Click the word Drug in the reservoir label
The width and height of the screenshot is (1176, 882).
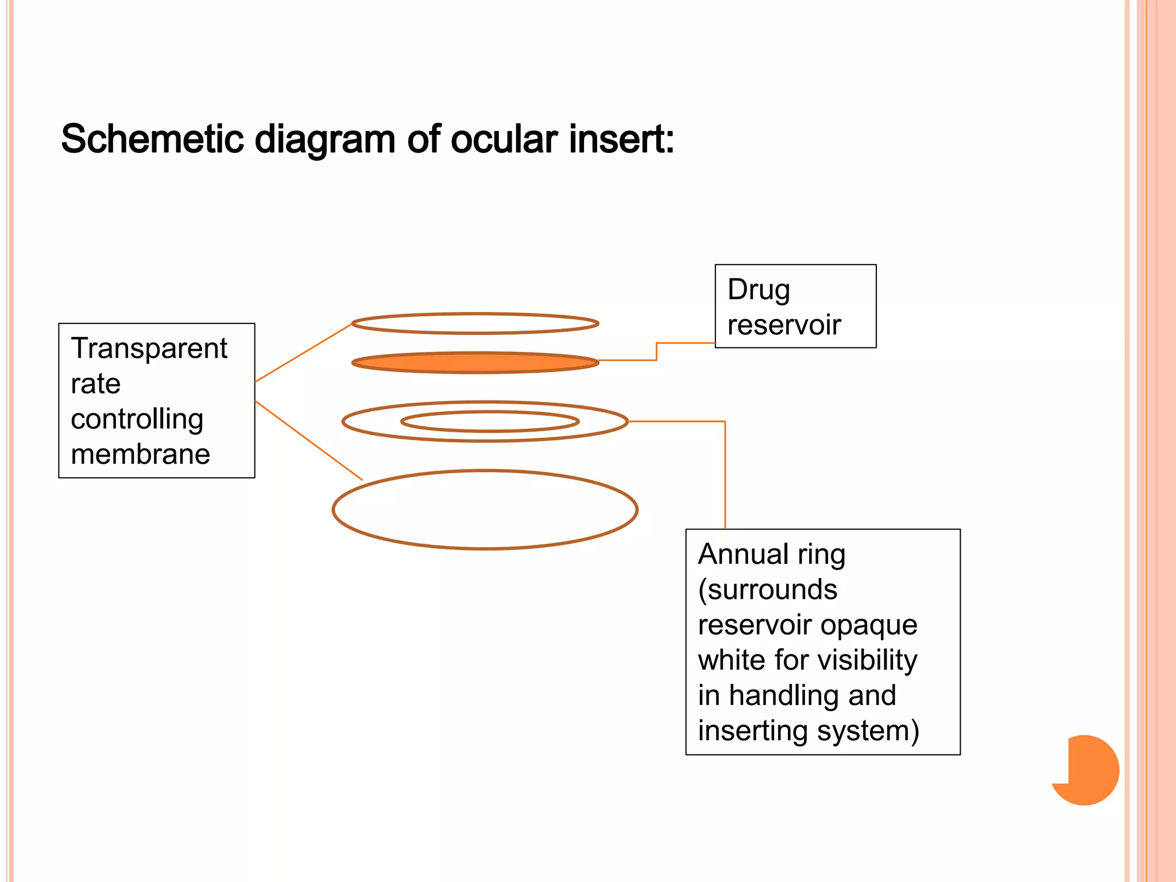[x=758, y=290]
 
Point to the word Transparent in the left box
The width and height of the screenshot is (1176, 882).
[x=149, y=349]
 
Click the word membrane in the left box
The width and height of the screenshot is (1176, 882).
[x=140, y=454]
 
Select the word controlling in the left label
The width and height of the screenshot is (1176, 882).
[x=137, y=419]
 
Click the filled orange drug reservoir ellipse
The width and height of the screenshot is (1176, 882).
[x=475, y=363]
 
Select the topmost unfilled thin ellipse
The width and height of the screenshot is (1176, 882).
[x=475, y=315]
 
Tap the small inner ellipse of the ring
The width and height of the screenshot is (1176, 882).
[x=490, y=412]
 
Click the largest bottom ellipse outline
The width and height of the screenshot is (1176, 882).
[x=485, y=548]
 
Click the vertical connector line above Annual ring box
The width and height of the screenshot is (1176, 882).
[x=725, y=477]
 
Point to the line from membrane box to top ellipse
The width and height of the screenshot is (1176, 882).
[x=303, y=353]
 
